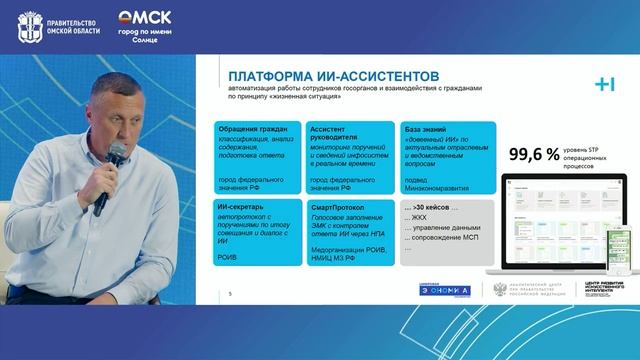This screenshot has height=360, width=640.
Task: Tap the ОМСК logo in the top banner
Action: pyautogui.click(x=145, y=17)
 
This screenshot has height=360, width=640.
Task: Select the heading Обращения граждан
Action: pyautogui.click(x=247, y=129)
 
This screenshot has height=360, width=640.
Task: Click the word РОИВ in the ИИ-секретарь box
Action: pyautogui.click(x=227, y=257)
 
